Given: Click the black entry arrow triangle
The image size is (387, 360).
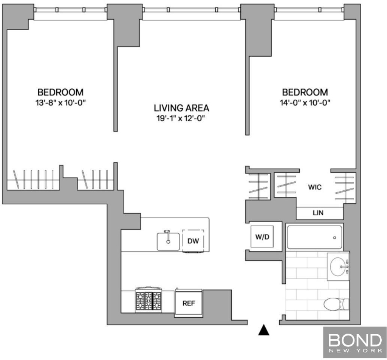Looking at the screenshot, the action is [263, 330].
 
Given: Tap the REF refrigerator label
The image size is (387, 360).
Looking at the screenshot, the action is [189, 303].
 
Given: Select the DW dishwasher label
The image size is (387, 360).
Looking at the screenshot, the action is [193, 241].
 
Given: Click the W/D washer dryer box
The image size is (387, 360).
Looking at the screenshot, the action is [262, 236].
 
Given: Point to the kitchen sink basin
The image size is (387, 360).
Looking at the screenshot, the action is [168, 241].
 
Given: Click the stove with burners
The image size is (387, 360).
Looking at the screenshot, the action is [148, 300].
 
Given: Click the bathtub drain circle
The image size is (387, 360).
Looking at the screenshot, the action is [335, 238].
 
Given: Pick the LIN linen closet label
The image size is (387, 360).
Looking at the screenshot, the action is [318, 213].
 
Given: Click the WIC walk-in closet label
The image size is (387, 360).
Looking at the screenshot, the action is [315, 187].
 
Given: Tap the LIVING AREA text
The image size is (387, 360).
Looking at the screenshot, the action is [181, 108].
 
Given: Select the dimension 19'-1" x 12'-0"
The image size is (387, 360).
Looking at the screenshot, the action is [181, 119].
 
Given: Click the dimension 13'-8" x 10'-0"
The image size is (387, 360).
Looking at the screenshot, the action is [60, 103].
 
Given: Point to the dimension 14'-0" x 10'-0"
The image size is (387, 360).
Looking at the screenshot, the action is [305, 103].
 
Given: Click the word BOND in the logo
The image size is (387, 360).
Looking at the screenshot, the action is [355, 340].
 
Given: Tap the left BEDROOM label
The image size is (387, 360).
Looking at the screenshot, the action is [60, 92].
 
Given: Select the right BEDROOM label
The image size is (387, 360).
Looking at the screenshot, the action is [305, 92].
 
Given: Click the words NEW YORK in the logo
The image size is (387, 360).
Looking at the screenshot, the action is [355, 351].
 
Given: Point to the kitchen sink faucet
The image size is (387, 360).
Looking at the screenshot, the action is [167, 236].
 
